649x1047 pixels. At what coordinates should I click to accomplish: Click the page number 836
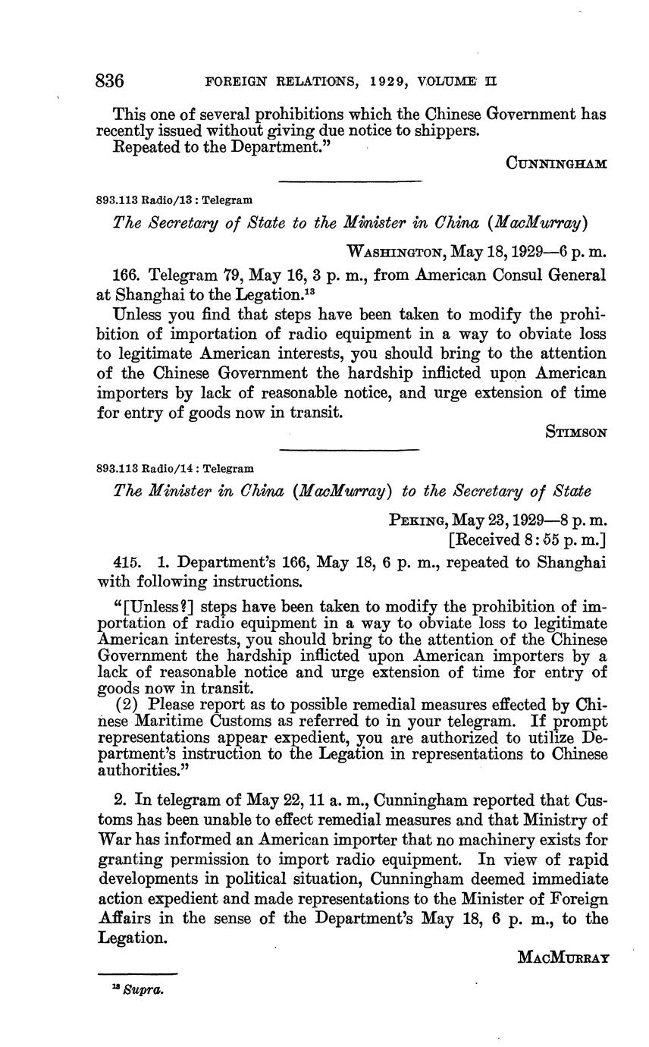(x=110, y=80)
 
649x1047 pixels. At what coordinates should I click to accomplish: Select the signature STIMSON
(x=575, y=432)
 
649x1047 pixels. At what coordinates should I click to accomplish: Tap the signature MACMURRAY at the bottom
(x=563, y=957)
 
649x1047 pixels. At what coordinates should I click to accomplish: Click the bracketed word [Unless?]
(x=154, y=607)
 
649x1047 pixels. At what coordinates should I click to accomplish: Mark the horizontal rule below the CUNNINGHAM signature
(x=350, y=181)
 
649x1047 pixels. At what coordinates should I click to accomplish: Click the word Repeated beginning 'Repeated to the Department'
(x=143, y=147)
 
